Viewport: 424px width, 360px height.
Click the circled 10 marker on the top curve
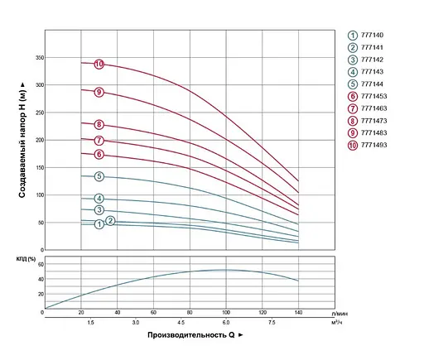coord(99,65)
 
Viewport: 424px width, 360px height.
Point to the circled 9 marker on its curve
coord(99,92)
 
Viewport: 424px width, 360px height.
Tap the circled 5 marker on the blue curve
coord(99,176)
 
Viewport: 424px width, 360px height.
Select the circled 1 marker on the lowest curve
coord(99,224)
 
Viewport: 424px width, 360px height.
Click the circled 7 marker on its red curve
coord(99,141)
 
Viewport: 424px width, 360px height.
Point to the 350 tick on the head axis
coord(38,58)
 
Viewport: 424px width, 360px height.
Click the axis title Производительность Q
coord(196,335)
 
